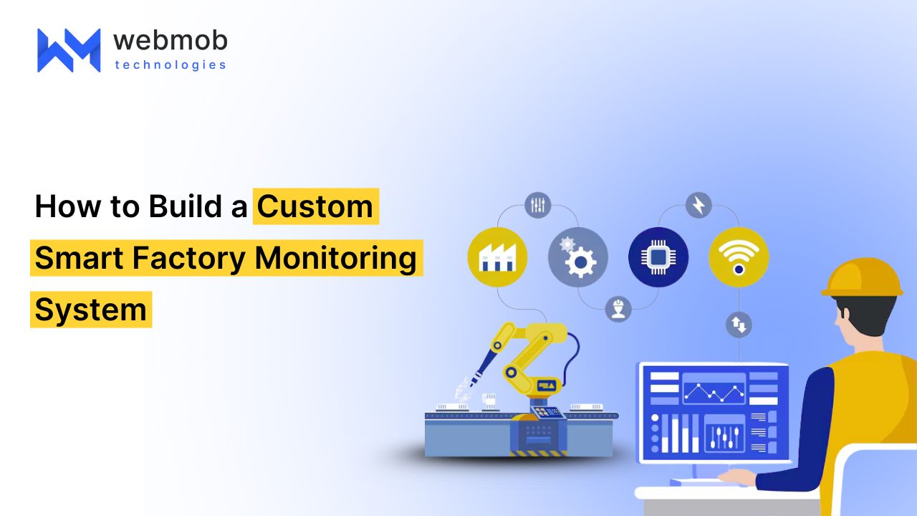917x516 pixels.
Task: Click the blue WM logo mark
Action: click(69, 50)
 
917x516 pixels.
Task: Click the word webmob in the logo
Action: click(171, 41)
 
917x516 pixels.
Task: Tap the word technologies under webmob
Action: click(171, 65)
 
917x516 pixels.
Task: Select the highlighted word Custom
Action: click(315, 206)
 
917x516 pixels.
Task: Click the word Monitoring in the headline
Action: click(336, 259)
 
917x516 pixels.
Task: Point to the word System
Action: click(90, 310)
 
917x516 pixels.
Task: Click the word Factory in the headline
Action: click(188, 259)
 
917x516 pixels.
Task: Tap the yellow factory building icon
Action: click(497, 257)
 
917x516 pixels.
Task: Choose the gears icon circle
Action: click(578, 257)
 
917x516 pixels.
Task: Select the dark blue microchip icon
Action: click(658, 257)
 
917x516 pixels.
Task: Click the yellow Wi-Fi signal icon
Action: click(739, 257)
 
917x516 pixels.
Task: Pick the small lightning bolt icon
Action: click(698, 205)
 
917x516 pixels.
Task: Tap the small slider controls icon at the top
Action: click(537, 205)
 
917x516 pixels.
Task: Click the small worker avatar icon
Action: click(618, 309)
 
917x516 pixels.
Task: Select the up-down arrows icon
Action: click(739, 325)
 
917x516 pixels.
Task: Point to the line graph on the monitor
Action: click(714, 392)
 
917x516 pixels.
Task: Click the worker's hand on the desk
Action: click(737, 477)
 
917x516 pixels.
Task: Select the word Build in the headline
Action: click(186, 206)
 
